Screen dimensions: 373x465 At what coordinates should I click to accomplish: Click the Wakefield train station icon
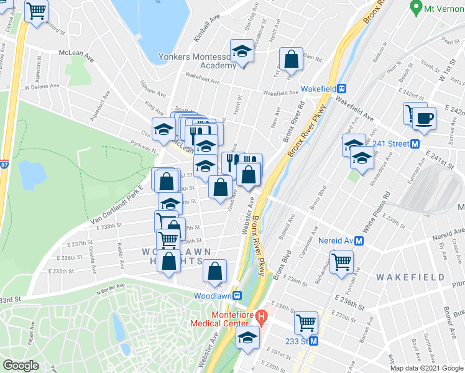[x=341, y=88]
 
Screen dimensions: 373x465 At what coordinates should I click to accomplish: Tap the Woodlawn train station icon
[x=236, y=296]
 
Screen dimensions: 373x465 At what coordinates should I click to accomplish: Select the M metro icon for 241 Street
[x=415, y=144]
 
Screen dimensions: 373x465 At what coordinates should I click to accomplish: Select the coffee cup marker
[x=424, y=117]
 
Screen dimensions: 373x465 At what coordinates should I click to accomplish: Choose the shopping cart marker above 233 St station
[x=306, y=323]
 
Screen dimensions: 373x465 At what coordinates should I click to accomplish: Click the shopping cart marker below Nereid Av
[x=341, y=261]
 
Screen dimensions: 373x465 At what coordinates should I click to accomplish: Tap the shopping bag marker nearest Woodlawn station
[x=215, y=270]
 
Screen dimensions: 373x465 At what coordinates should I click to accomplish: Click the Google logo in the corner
[x=21, y=366]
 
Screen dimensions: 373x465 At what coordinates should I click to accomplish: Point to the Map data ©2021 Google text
[x=427, y=368]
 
